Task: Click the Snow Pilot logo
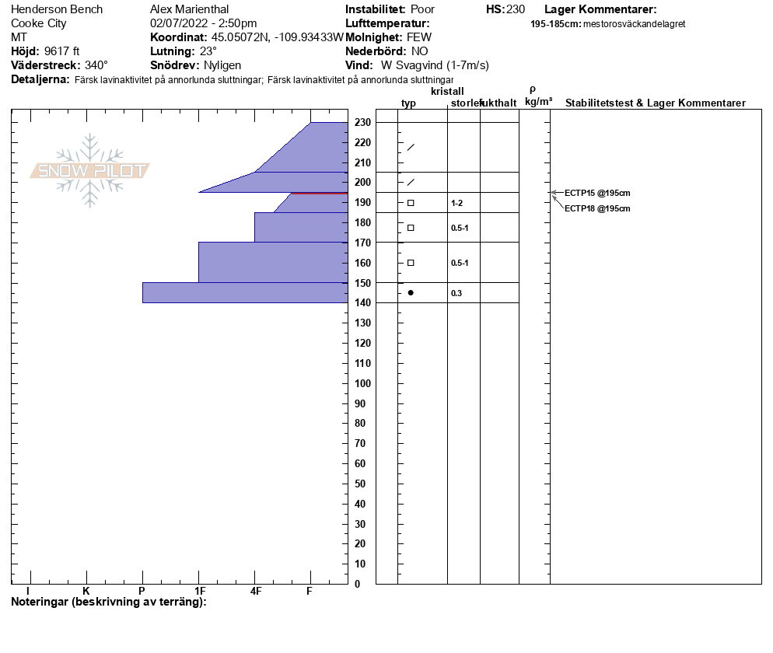(x=89, y=170)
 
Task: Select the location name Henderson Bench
(x=57, y=9)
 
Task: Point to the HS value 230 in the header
(x=516, y=9)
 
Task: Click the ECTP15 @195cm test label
(x=597, y=193)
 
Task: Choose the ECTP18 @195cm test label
(x=597, y=208)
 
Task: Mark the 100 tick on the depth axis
(x=362, y=383)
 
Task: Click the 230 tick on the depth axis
(x=362, y=122)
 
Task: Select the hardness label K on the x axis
(x=86, y=591)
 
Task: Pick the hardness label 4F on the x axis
(x=254, y=591)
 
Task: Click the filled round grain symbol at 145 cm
(x=411, y=292)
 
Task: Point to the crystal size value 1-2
(x=457, y=203)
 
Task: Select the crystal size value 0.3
(x=456, y=293)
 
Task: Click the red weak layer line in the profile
(x=319, y=192)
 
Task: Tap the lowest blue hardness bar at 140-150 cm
(x=245, y=292)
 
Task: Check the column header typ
(x=408, y=103)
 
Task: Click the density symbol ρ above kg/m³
(x=533, y=89)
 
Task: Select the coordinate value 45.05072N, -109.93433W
(x=277, y=37)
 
